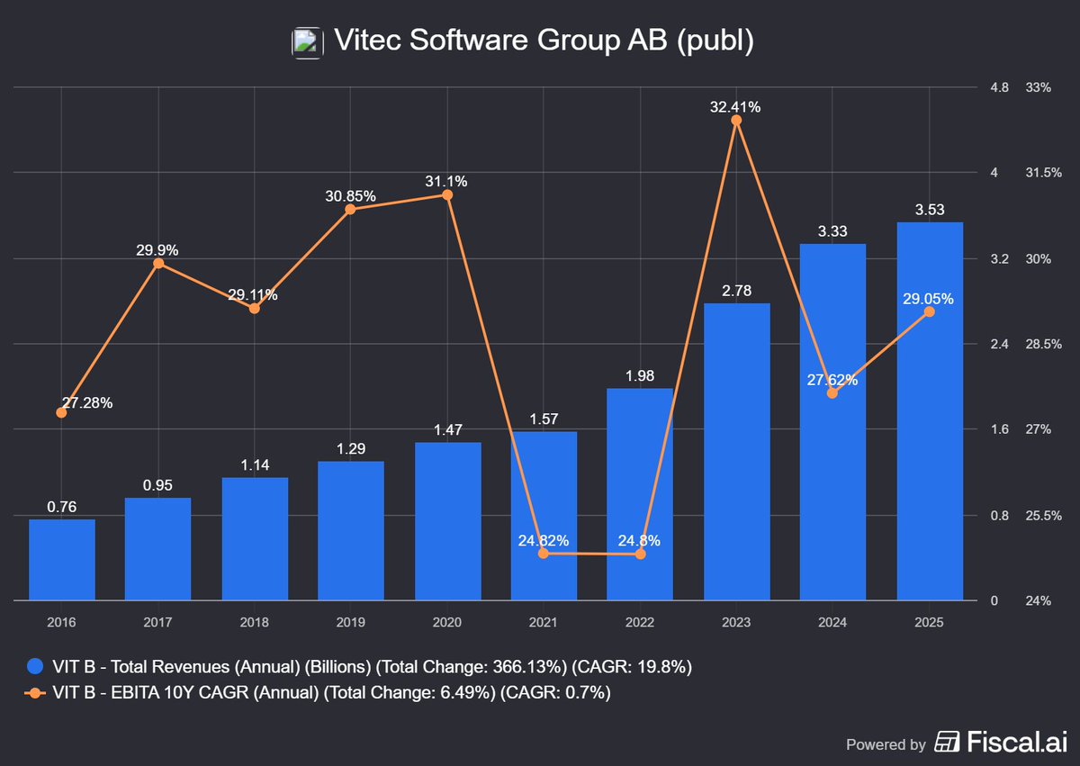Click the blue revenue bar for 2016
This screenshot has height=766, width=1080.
[x=61, y=559]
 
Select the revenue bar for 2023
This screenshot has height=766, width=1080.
[x=736, y=451]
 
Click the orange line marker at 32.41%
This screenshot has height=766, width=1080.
[x=736, y=120]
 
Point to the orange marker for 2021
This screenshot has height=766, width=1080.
[x=544, y=554]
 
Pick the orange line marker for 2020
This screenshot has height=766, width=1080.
[x=447, y=194]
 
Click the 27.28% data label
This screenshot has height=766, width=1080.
[x=87, y=402]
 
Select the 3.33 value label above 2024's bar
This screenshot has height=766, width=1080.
[x=832, y=231]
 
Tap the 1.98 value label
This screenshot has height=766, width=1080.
[x=640, y=375]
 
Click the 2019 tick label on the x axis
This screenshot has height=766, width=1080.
[x=350, y=622]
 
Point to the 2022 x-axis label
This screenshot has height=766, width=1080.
[x=640, y=622]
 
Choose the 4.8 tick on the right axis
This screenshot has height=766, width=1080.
[x=999, y=87]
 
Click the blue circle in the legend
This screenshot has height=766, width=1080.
[x=34, y=667]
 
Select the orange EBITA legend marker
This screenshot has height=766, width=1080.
[x=34, y=692]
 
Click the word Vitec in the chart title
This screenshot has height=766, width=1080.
[x=362, y=41]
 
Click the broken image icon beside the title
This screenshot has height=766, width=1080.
[x=306, y=41]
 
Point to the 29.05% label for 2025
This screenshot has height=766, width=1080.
[x=927, y=299]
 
